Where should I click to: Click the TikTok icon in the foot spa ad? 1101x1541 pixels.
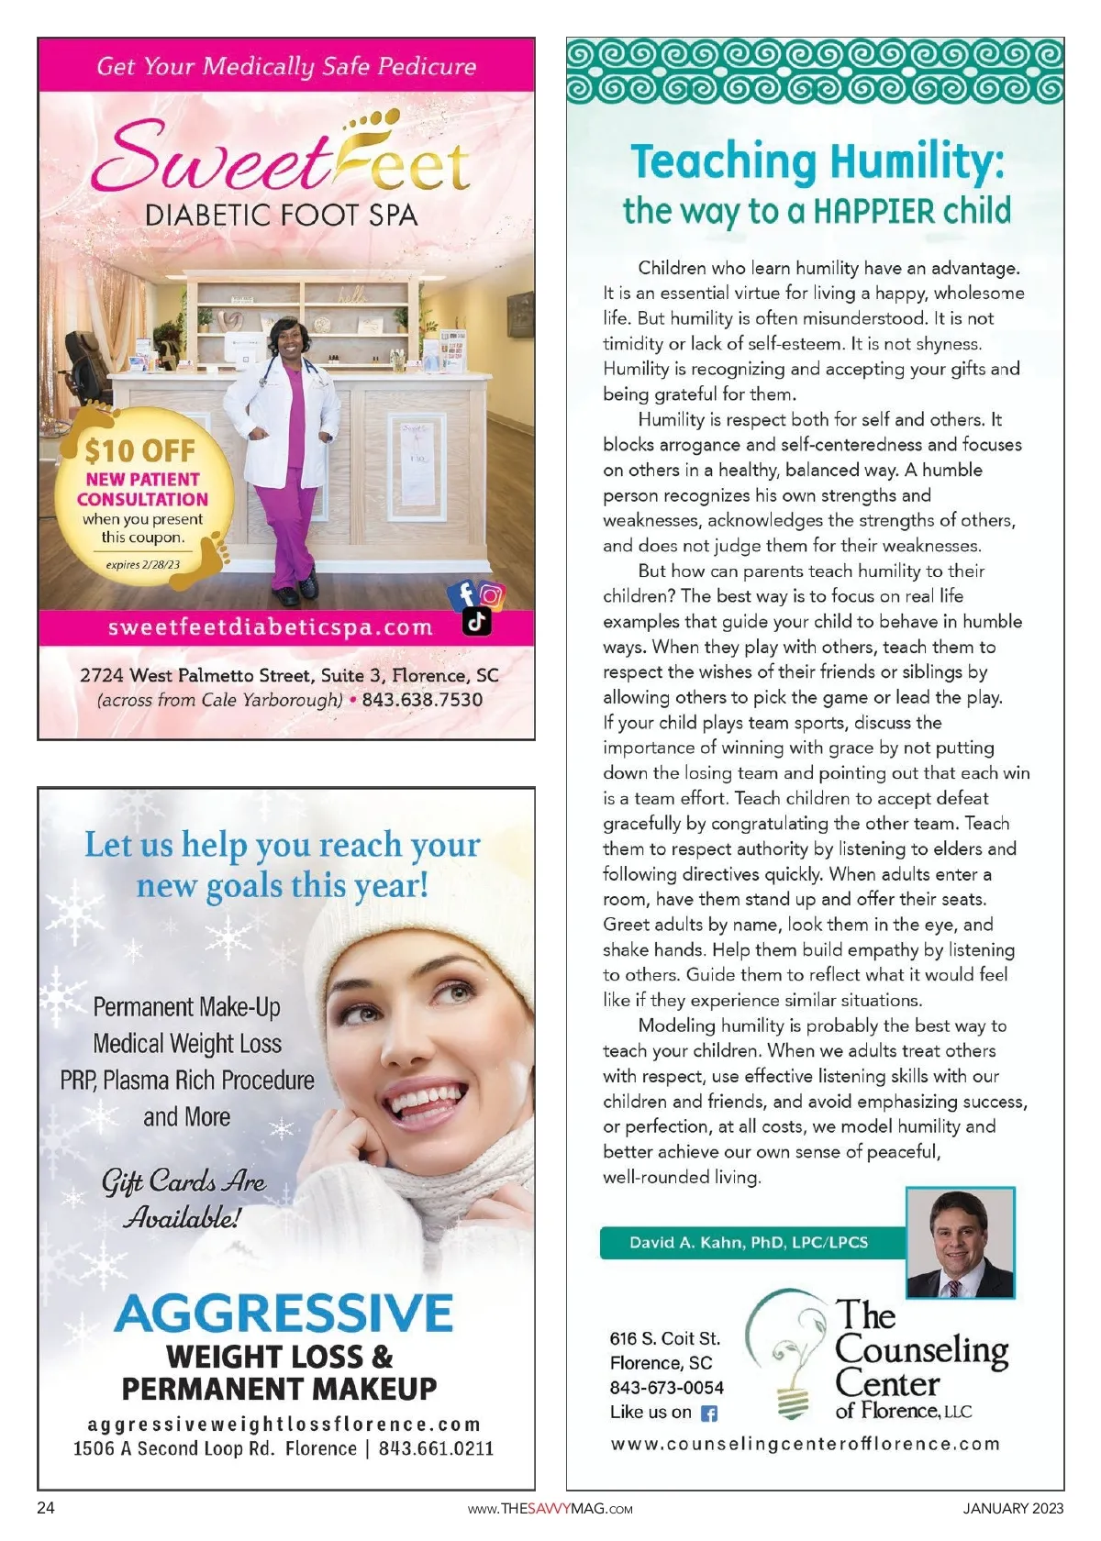pyautogui.click(x=476, y=621)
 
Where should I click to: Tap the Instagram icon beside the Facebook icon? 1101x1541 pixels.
pyautogui.click(x=492, y=595)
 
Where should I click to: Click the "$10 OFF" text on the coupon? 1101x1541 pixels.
pyautogui.click(x=140, y=450)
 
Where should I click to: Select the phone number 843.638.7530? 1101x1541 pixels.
pyautogui.click(x=422, y=700)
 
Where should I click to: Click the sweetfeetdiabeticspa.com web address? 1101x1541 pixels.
pyautogui.click(x=270, y=628)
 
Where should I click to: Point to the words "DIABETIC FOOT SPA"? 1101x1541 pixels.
pyautogui.click(x=281, y=216)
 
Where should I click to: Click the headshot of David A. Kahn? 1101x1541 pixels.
pyautogui.click(x=960, y=1243)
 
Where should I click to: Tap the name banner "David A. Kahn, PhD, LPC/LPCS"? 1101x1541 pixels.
pyautogui.click(x=749, y=1243)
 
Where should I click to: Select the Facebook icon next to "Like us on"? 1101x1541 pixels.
pyautogui.click(x=709, y=1414)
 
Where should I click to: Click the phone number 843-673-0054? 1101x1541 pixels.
pyautogui.click(x=666, y=1388)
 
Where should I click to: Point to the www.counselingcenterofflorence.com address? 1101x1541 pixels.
pyautogui.click(x=806, y=1444)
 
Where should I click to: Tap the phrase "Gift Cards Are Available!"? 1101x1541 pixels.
pyautogui.click(x=183, y=1199)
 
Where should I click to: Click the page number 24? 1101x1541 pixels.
pyautogui.click(x=46, y=1508)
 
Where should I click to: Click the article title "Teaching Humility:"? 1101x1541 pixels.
pyautogui.click(x=817, y=162)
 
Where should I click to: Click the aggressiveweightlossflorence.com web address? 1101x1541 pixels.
pyautogui.click(x=284, y=1425)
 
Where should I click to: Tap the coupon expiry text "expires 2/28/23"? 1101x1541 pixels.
pyautogui.click(x=143, y=565)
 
